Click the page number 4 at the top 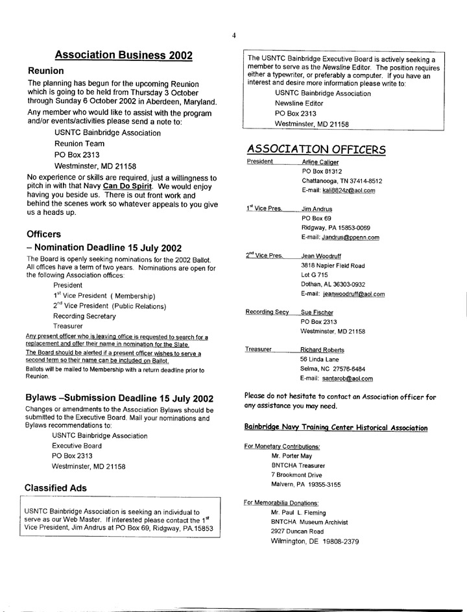click(233, 36)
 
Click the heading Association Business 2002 click(123, 55)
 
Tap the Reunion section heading click(45, 71)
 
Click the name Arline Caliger click(320, 162)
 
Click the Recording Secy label click(267, 312)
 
